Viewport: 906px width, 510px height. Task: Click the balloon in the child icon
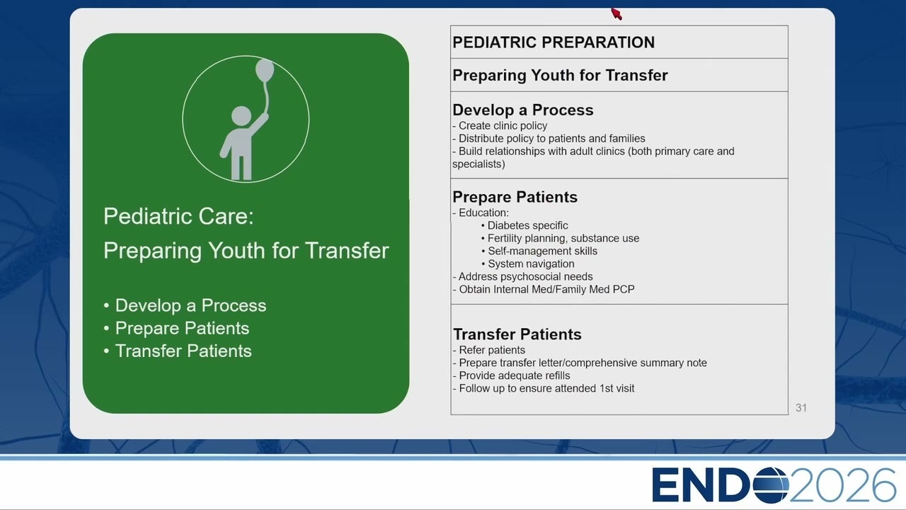[x=265, y=70]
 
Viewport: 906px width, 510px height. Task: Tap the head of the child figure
[x=241, y=116]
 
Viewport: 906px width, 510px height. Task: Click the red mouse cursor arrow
[x=616, y=13]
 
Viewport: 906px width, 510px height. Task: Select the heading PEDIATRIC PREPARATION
[x=554, y=42]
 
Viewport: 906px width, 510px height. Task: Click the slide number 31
[x=801, y=407]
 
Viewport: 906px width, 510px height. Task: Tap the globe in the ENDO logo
[x=771, y=485]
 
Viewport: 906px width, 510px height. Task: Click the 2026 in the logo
[x=842, y=485]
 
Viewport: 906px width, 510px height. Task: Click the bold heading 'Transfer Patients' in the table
[x=517, y=334]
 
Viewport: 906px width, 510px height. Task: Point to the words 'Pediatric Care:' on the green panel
[x=178, y=216]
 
